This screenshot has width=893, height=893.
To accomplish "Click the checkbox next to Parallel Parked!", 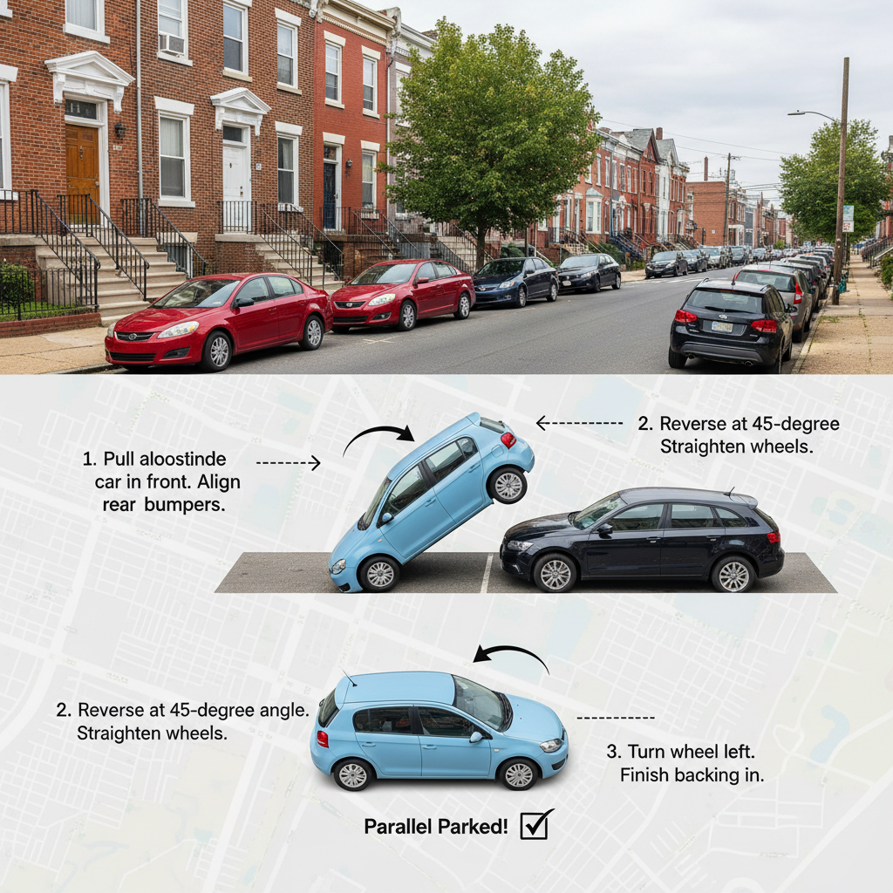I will (x=535, y=824).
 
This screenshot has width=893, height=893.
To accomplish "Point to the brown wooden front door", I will (x=83, y=162).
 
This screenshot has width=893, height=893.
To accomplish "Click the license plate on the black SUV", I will (x=721, y=326).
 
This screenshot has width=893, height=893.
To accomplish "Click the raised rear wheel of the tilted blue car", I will (x=508, y=485).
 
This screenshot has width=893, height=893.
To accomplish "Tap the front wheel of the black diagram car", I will (x=556, y=573).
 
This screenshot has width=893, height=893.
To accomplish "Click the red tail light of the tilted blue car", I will (x=508, y=440).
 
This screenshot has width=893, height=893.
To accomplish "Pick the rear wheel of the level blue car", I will (x=353, y=774).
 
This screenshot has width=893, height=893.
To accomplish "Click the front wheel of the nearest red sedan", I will (x=215, y=351).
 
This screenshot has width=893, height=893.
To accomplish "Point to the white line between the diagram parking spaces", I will (x=487, y=573).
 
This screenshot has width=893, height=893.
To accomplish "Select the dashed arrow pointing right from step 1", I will (x=289, y=462).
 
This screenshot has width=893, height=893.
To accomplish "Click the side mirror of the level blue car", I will (x=476, y=737).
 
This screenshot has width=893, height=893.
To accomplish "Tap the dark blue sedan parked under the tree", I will (x=515, y=281).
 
